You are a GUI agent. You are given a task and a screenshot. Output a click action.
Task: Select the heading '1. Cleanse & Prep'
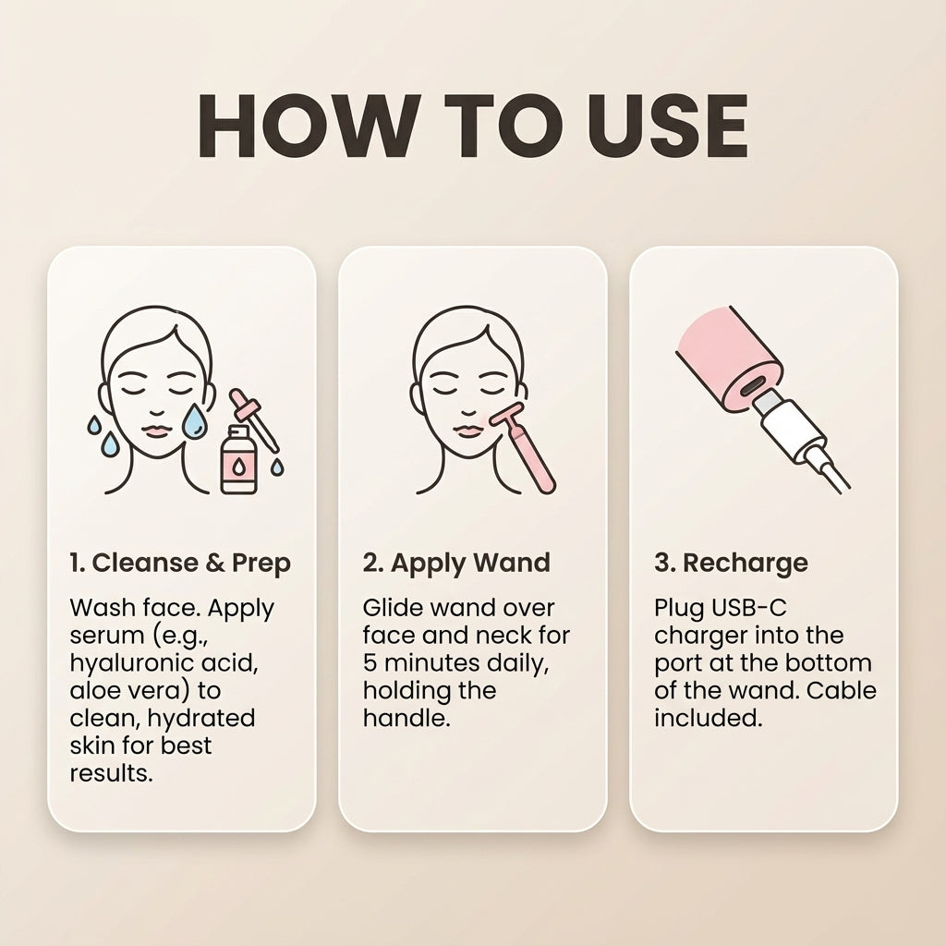tap(180, 564)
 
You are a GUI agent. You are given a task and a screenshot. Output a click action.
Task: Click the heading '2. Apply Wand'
tap(456, 564)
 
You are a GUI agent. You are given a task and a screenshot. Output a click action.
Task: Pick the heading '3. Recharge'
tap(732, 564)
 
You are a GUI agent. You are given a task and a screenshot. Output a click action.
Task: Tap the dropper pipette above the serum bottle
tap(253, 419)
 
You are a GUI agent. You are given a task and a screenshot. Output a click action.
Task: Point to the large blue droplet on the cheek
tap(194, 420)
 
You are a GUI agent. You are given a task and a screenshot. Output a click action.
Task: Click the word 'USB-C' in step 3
tap(748, 608)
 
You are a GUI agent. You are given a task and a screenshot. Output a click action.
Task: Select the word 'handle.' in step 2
tap(406, 718)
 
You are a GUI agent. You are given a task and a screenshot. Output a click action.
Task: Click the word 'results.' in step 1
tap(111, 773)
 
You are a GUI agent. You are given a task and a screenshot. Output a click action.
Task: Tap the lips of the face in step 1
tap(157, 431)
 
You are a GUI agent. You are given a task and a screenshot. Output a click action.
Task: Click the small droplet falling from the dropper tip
tap(277, 467)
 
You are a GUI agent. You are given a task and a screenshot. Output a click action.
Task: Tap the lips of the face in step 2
tap(468, 431)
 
